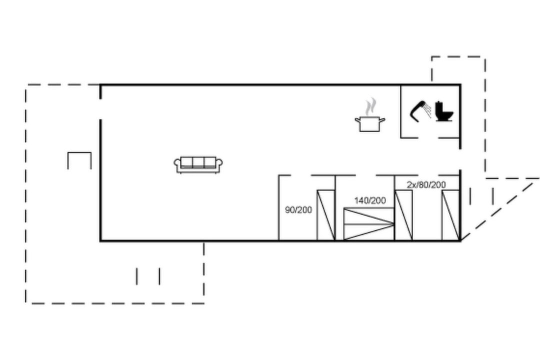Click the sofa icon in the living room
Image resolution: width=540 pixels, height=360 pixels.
[x=198, y=165]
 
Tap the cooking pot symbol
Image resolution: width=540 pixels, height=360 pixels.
[x=370, y=124]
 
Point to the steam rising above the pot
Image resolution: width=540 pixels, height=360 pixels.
[x=370, y=106]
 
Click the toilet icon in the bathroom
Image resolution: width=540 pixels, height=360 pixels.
[x=444, y=111]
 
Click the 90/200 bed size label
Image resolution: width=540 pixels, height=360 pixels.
[x=298, y=209]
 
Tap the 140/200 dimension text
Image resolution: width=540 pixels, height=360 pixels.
[x=370, y=200]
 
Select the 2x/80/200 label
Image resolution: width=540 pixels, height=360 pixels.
[x=426, y=184]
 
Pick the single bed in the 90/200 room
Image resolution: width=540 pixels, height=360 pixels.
[x=326, y=215]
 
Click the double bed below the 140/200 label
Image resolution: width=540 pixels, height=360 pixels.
[x=369, y=224]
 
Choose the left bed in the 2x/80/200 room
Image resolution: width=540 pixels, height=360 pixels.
[x=403, y=215]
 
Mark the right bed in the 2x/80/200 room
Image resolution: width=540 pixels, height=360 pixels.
[x=450, y=215]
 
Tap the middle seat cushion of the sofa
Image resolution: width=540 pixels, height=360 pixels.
[x=198, y=162]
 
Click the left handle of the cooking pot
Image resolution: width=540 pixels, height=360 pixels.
[x=357, y=120]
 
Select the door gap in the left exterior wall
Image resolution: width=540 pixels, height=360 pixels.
[x=100, y=109]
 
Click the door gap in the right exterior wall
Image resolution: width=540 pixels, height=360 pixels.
[x=460, y=159]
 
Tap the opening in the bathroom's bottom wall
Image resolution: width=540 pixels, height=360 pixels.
[x=428, y=138]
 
